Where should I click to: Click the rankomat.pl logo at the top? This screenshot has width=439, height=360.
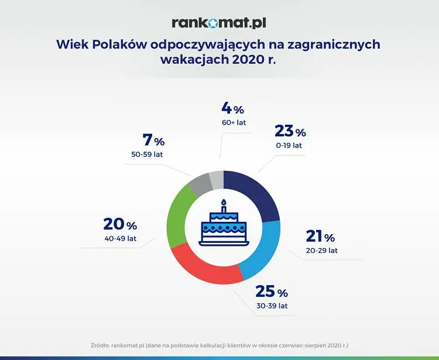click(x=220, y=23)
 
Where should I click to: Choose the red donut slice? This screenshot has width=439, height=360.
click(x=205, y=269)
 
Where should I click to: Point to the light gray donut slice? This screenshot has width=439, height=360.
click(x=217, y=178)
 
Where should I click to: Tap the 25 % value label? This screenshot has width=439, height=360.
click(x=271, y=292)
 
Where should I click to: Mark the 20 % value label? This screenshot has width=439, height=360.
click(x=120, y=225)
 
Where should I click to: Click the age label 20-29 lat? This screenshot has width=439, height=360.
click(x=321, y=251)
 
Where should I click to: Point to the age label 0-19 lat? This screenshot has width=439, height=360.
click(x=288, y=145)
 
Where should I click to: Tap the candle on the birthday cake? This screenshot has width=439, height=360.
click(x=223, y=206)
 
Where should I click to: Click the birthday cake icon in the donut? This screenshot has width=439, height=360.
click(x=222, y=227)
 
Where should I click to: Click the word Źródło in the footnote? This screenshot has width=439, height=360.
click(x=102, y=345)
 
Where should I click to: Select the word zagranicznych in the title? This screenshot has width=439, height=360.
click(x=330, y=45)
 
